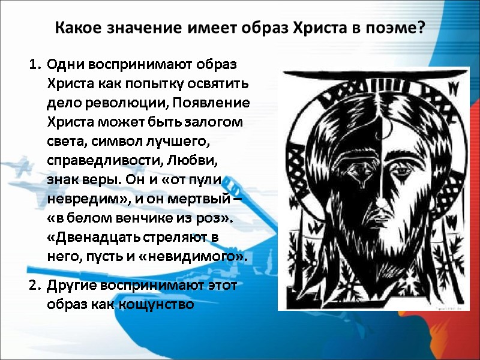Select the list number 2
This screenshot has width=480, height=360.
coord(33,285)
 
